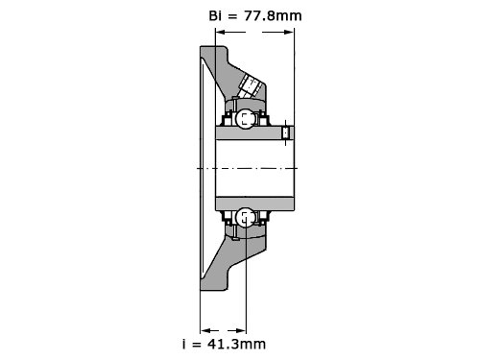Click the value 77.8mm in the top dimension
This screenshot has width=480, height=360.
click(273, 15)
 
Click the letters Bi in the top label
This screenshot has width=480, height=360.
click(215, 15)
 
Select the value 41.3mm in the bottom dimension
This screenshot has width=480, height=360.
click(237, 345)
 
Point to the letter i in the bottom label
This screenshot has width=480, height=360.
click(184, 345)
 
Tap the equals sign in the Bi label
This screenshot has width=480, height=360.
click(232, 16)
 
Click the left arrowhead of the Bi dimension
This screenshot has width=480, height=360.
click(220, 32)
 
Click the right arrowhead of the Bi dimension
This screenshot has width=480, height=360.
click(289, 32)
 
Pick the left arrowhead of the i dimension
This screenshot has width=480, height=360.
click(204, 330)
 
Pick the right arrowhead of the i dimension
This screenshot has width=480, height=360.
click(241, 330)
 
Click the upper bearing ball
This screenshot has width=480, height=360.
click(245, 119)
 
